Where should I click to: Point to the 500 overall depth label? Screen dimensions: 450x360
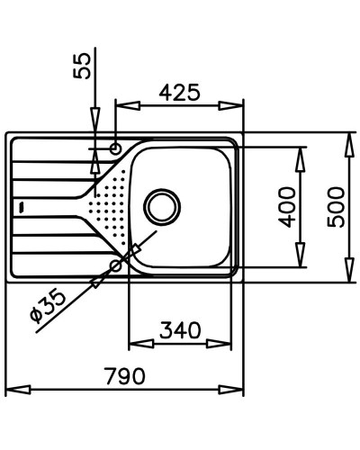[337, 207]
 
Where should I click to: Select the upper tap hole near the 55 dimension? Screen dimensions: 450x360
[116, 148]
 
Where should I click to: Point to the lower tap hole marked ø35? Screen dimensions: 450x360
[117, 265]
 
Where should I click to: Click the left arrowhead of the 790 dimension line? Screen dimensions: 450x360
[11, 392]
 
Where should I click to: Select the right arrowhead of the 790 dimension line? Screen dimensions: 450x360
[239, 392]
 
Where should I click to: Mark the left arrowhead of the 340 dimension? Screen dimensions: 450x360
[135, 344]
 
